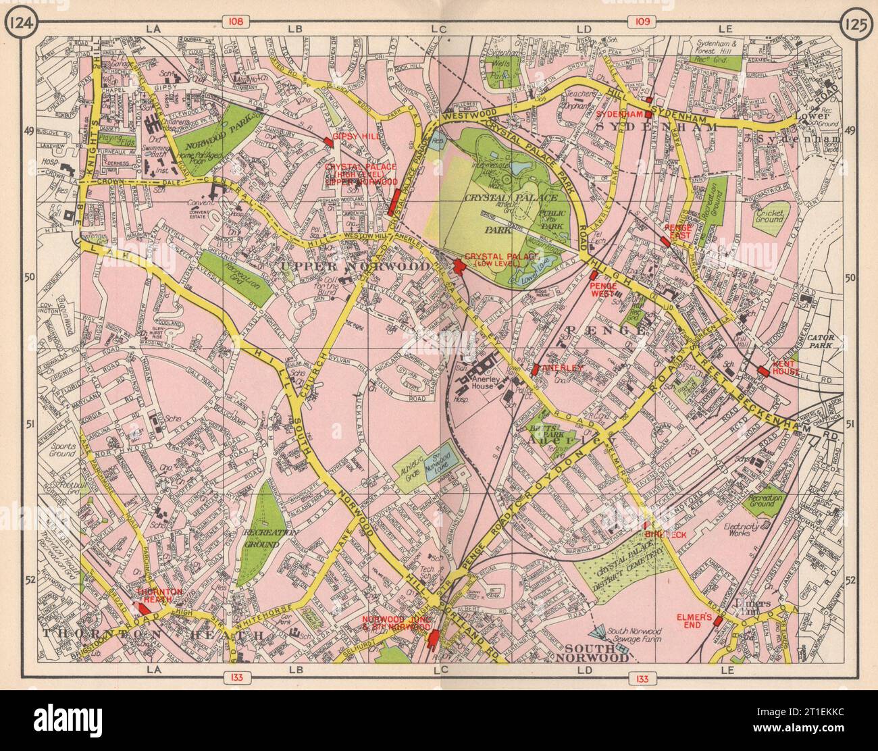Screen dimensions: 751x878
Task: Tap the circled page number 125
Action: point(856,24)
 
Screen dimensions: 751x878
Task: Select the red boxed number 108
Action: point(235,22)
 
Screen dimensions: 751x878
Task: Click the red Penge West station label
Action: point(605,290)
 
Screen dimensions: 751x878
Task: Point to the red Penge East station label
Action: point(678,232)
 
